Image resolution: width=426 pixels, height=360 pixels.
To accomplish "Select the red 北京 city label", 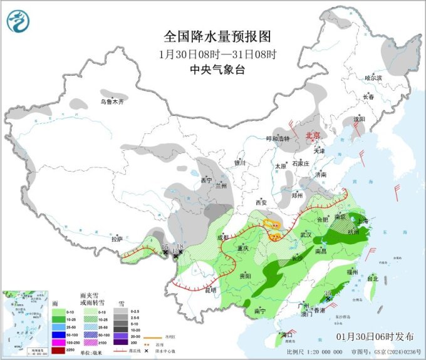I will click(x=312, y=135).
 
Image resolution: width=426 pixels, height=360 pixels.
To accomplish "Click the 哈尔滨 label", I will click(x=373, y=78).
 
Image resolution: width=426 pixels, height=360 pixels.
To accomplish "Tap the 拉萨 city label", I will click(x=117, y=239).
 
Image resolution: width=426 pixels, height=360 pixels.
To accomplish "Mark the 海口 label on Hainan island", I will click(x=287, y=335).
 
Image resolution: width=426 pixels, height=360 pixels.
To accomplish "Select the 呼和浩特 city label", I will click(x=278, y=138).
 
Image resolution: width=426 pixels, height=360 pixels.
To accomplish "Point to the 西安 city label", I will click(x=261, y=203).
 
